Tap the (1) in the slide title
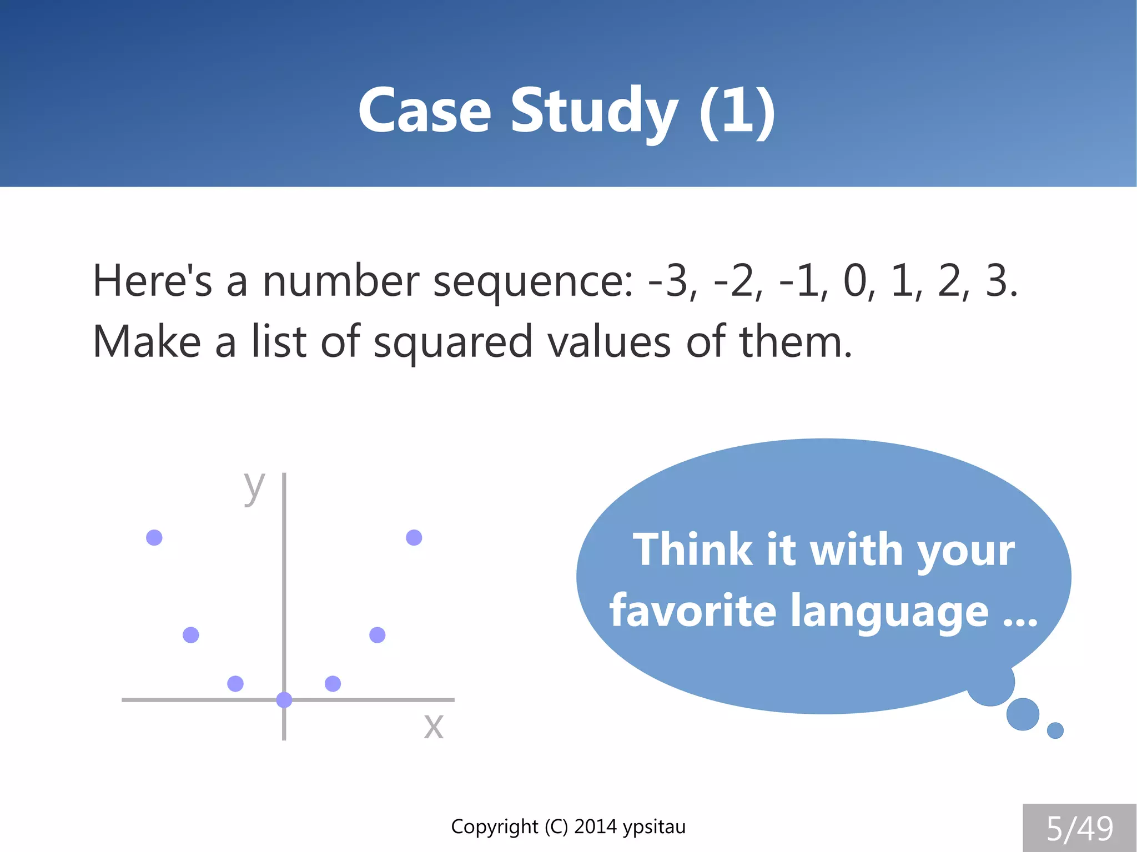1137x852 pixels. (737, 111)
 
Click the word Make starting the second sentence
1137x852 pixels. (147, 341)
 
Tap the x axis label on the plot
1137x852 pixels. (434, 725)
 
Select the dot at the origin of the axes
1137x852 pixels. (284, 700)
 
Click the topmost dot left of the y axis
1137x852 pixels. (154, 537)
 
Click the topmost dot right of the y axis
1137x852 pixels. (414, 537)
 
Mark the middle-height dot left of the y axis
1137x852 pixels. (191, 634)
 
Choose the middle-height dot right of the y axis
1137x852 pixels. (378, 634)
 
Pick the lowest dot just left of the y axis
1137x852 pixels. (235, 683)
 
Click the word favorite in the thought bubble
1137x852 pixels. (692, 611)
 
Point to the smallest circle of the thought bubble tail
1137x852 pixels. (1055, 730)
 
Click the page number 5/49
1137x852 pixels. (1079, 828)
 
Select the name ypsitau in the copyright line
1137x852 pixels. (654, 826)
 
